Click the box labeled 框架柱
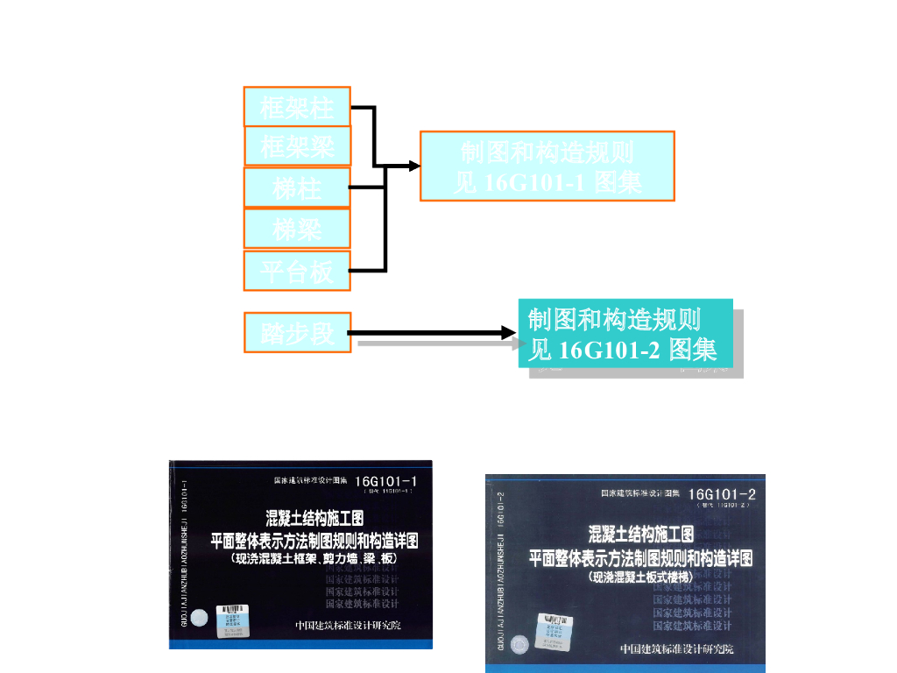coord(297,107)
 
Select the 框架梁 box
coord(298,146)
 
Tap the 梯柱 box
coord(297,187)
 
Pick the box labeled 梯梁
coord(297,229)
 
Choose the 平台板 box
coord(297,271)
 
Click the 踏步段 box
coord(297,333)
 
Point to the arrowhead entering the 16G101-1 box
coord(413,166)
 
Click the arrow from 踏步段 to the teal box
coord(429,333)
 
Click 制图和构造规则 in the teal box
coord(614,319)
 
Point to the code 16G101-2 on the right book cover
coord(722,495)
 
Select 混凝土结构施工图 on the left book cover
coord(321,517)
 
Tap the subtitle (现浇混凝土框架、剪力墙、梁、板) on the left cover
coord(315,559)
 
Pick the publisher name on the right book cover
coord(677,648)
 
